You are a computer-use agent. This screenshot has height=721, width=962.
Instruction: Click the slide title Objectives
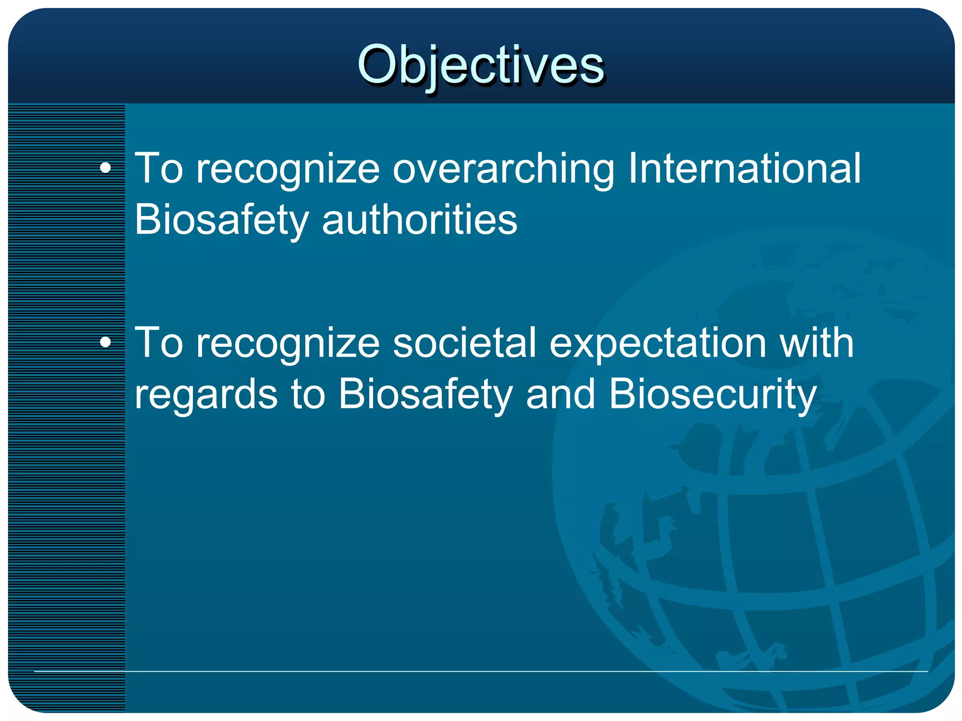[x=480, y=65]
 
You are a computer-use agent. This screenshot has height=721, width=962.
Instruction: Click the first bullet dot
[x=106, y=168]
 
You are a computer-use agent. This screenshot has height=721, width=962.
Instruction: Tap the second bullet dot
[x=106, y=342]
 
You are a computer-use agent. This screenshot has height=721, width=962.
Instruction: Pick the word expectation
[x=658, y=343]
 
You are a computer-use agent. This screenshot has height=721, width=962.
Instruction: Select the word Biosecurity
[x=713, y=394]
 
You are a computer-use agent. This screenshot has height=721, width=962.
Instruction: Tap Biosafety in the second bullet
[x=425, y=394]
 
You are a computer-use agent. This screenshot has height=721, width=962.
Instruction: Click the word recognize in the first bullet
[x=287, y=169]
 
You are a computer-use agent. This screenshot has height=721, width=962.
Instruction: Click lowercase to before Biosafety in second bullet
[x=308, y=394]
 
